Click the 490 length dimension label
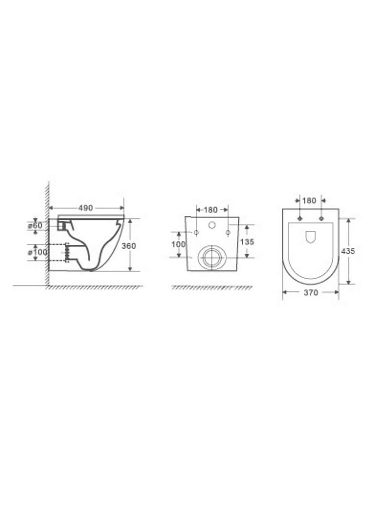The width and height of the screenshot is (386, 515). tap(85, 208)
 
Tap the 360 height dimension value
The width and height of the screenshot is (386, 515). tap(129, 246)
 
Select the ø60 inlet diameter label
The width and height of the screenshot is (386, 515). tap(35, 226)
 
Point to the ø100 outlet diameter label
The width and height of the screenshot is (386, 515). tap(38, 252)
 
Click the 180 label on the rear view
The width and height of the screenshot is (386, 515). tap(210, 210)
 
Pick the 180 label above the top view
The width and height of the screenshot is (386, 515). tap(309, 201)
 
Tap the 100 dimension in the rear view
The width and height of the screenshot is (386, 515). tap(178, 244)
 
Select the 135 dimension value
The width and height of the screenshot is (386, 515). tap(247, 242)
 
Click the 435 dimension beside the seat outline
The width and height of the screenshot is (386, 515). tap(348, 251)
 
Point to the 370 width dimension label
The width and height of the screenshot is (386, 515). tap(311, 293)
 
